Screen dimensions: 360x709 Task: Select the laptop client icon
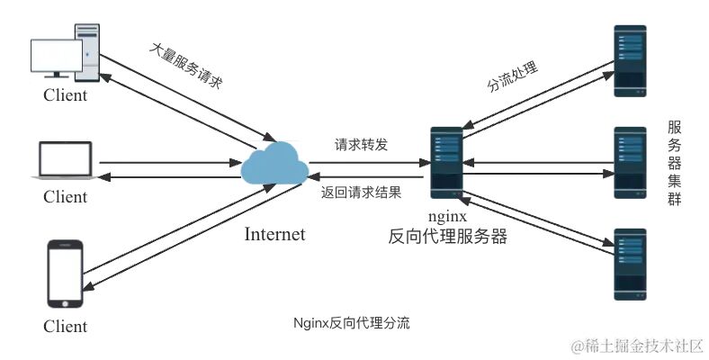coord(65,161)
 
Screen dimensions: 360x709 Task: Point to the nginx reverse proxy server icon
coord(446,163)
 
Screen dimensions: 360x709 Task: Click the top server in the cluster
coord(630,61)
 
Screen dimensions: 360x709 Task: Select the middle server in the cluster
coord(630,163)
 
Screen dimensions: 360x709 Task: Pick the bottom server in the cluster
coord(630,264)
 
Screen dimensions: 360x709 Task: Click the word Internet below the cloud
coord(274,235)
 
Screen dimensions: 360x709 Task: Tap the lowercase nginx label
coord(447,217)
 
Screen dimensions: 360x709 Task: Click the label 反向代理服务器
coord(447,238)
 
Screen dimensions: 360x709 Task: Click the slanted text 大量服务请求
coord(186,67)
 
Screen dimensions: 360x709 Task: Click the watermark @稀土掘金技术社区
coord(637,345)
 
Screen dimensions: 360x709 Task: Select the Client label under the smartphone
coord(66,326)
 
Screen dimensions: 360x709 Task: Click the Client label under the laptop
coord(66,196)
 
